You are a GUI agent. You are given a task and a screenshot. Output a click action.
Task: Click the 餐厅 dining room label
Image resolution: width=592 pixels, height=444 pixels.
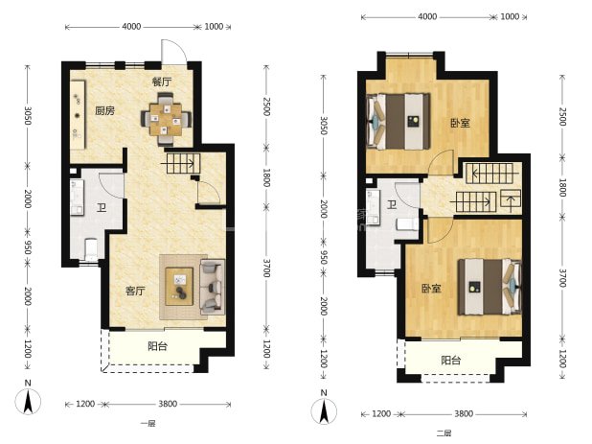click(162, 82)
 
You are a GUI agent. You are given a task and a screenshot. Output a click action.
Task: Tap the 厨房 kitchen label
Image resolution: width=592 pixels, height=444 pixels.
click(104, 110)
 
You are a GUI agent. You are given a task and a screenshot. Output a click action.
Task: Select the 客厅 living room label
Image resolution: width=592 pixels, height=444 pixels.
click(135, 291)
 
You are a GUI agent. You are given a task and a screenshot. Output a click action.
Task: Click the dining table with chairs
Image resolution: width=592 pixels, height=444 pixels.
click(166, 119)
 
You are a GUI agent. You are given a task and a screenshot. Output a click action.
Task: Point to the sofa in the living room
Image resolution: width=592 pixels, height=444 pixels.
click(213, 287)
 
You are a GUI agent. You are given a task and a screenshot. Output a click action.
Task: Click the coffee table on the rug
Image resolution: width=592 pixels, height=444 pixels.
click(179, 287)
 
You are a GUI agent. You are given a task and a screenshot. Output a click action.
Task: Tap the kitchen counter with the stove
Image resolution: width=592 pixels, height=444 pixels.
click(78, 114)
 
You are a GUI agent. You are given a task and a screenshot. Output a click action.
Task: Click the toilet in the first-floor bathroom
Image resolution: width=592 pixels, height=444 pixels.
click(91, 248)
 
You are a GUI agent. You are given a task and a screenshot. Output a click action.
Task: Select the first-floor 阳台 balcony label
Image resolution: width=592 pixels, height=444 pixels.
click(157, 346)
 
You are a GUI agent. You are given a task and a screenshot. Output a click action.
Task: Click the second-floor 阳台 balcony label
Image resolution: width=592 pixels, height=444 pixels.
click(451, 361)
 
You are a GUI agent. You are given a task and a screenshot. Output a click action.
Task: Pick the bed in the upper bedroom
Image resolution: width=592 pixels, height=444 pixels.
click(398, 121)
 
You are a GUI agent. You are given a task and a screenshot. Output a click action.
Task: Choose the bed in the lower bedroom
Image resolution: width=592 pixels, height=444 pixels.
click(490, 287)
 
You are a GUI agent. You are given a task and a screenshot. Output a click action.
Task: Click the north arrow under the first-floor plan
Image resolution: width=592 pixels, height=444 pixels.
click(28, 401)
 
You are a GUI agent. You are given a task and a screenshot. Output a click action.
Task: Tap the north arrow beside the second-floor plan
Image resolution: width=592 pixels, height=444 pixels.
click(324, 411)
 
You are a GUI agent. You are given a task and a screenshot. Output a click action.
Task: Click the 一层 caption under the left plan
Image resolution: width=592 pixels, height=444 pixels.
click(148, 424)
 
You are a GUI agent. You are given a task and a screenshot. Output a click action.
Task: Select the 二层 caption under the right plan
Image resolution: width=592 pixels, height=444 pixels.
click(444, 433)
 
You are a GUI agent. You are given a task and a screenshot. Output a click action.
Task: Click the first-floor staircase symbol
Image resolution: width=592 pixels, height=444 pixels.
click(180, 164)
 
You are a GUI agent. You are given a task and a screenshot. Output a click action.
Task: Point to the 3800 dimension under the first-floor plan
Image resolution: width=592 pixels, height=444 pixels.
click(168, 404)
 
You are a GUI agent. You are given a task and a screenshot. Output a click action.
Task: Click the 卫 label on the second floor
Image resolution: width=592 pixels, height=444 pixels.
click(392, 205)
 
